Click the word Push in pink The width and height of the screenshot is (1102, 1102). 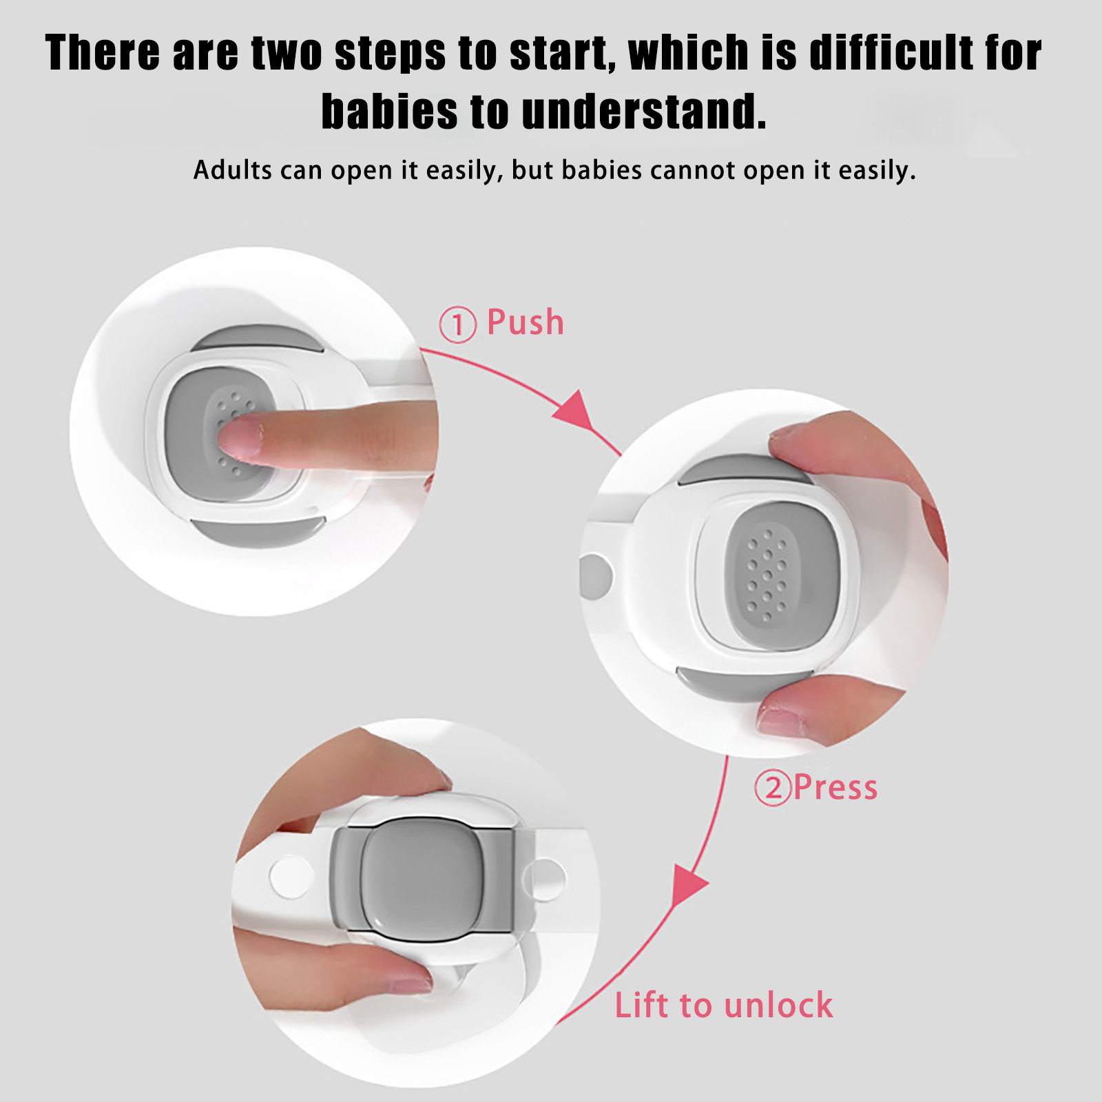(525, 322)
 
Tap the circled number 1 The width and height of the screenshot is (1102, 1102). (457, 324)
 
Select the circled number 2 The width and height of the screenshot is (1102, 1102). (773, 788)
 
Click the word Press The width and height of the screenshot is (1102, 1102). (835, 787)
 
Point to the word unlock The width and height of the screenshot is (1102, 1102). (778, 1005)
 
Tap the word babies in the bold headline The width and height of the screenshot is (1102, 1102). (389, 112)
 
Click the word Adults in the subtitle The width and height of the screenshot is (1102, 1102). (232, 169)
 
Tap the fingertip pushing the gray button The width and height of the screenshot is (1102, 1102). (238, 441)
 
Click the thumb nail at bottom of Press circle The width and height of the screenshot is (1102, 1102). (781, 720)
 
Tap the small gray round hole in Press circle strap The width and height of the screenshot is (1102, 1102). (596, 575)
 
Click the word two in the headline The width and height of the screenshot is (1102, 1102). (287, 52)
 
